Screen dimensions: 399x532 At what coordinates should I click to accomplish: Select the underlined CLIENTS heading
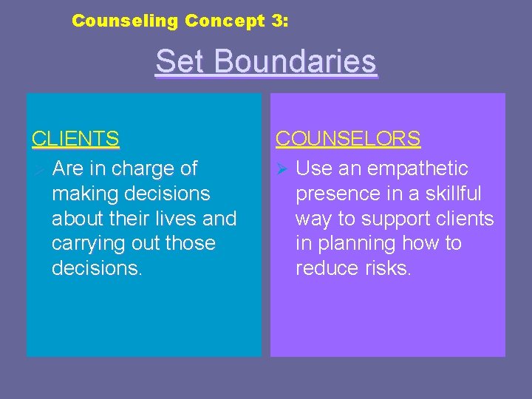click(x=75, y=139)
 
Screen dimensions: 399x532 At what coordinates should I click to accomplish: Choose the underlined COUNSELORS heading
click(x=348, y=139)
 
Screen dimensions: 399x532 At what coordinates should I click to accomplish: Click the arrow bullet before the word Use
click(x=282, y=169)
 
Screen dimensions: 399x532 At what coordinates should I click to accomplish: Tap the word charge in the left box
click(x=137, y=168)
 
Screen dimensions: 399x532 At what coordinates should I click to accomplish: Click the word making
click(x=86, y=194)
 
